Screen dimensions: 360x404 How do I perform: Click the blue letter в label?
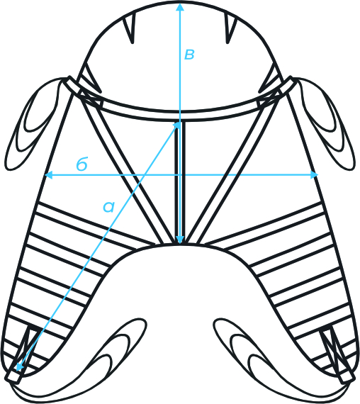[189, 55]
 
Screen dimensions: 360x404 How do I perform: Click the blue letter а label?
[108, 207]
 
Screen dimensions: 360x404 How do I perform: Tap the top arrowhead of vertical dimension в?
[180, 6]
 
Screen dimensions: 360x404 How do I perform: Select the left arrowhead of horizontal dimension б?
[49, 175]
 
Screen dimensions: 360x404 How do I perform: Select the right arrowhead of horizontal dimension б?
[314, 174]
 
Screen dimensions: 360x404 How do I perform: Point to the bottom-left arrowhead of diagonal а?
[20, 367]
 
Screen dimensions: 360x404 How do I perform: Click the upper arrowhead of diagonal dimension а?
[176, 125]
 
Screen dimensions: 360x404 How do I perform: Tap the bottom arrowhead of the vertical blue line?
[180, 240]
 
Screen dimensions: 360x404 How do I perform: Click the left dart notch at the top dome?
[130, 29]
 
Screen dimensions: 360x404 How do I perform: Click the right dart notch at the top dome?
[230, 29]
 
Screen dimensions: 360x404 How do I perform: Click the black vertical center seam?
[180, 182]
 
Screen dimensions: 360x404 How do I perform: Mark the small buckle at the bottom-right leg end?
[346, 376]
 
